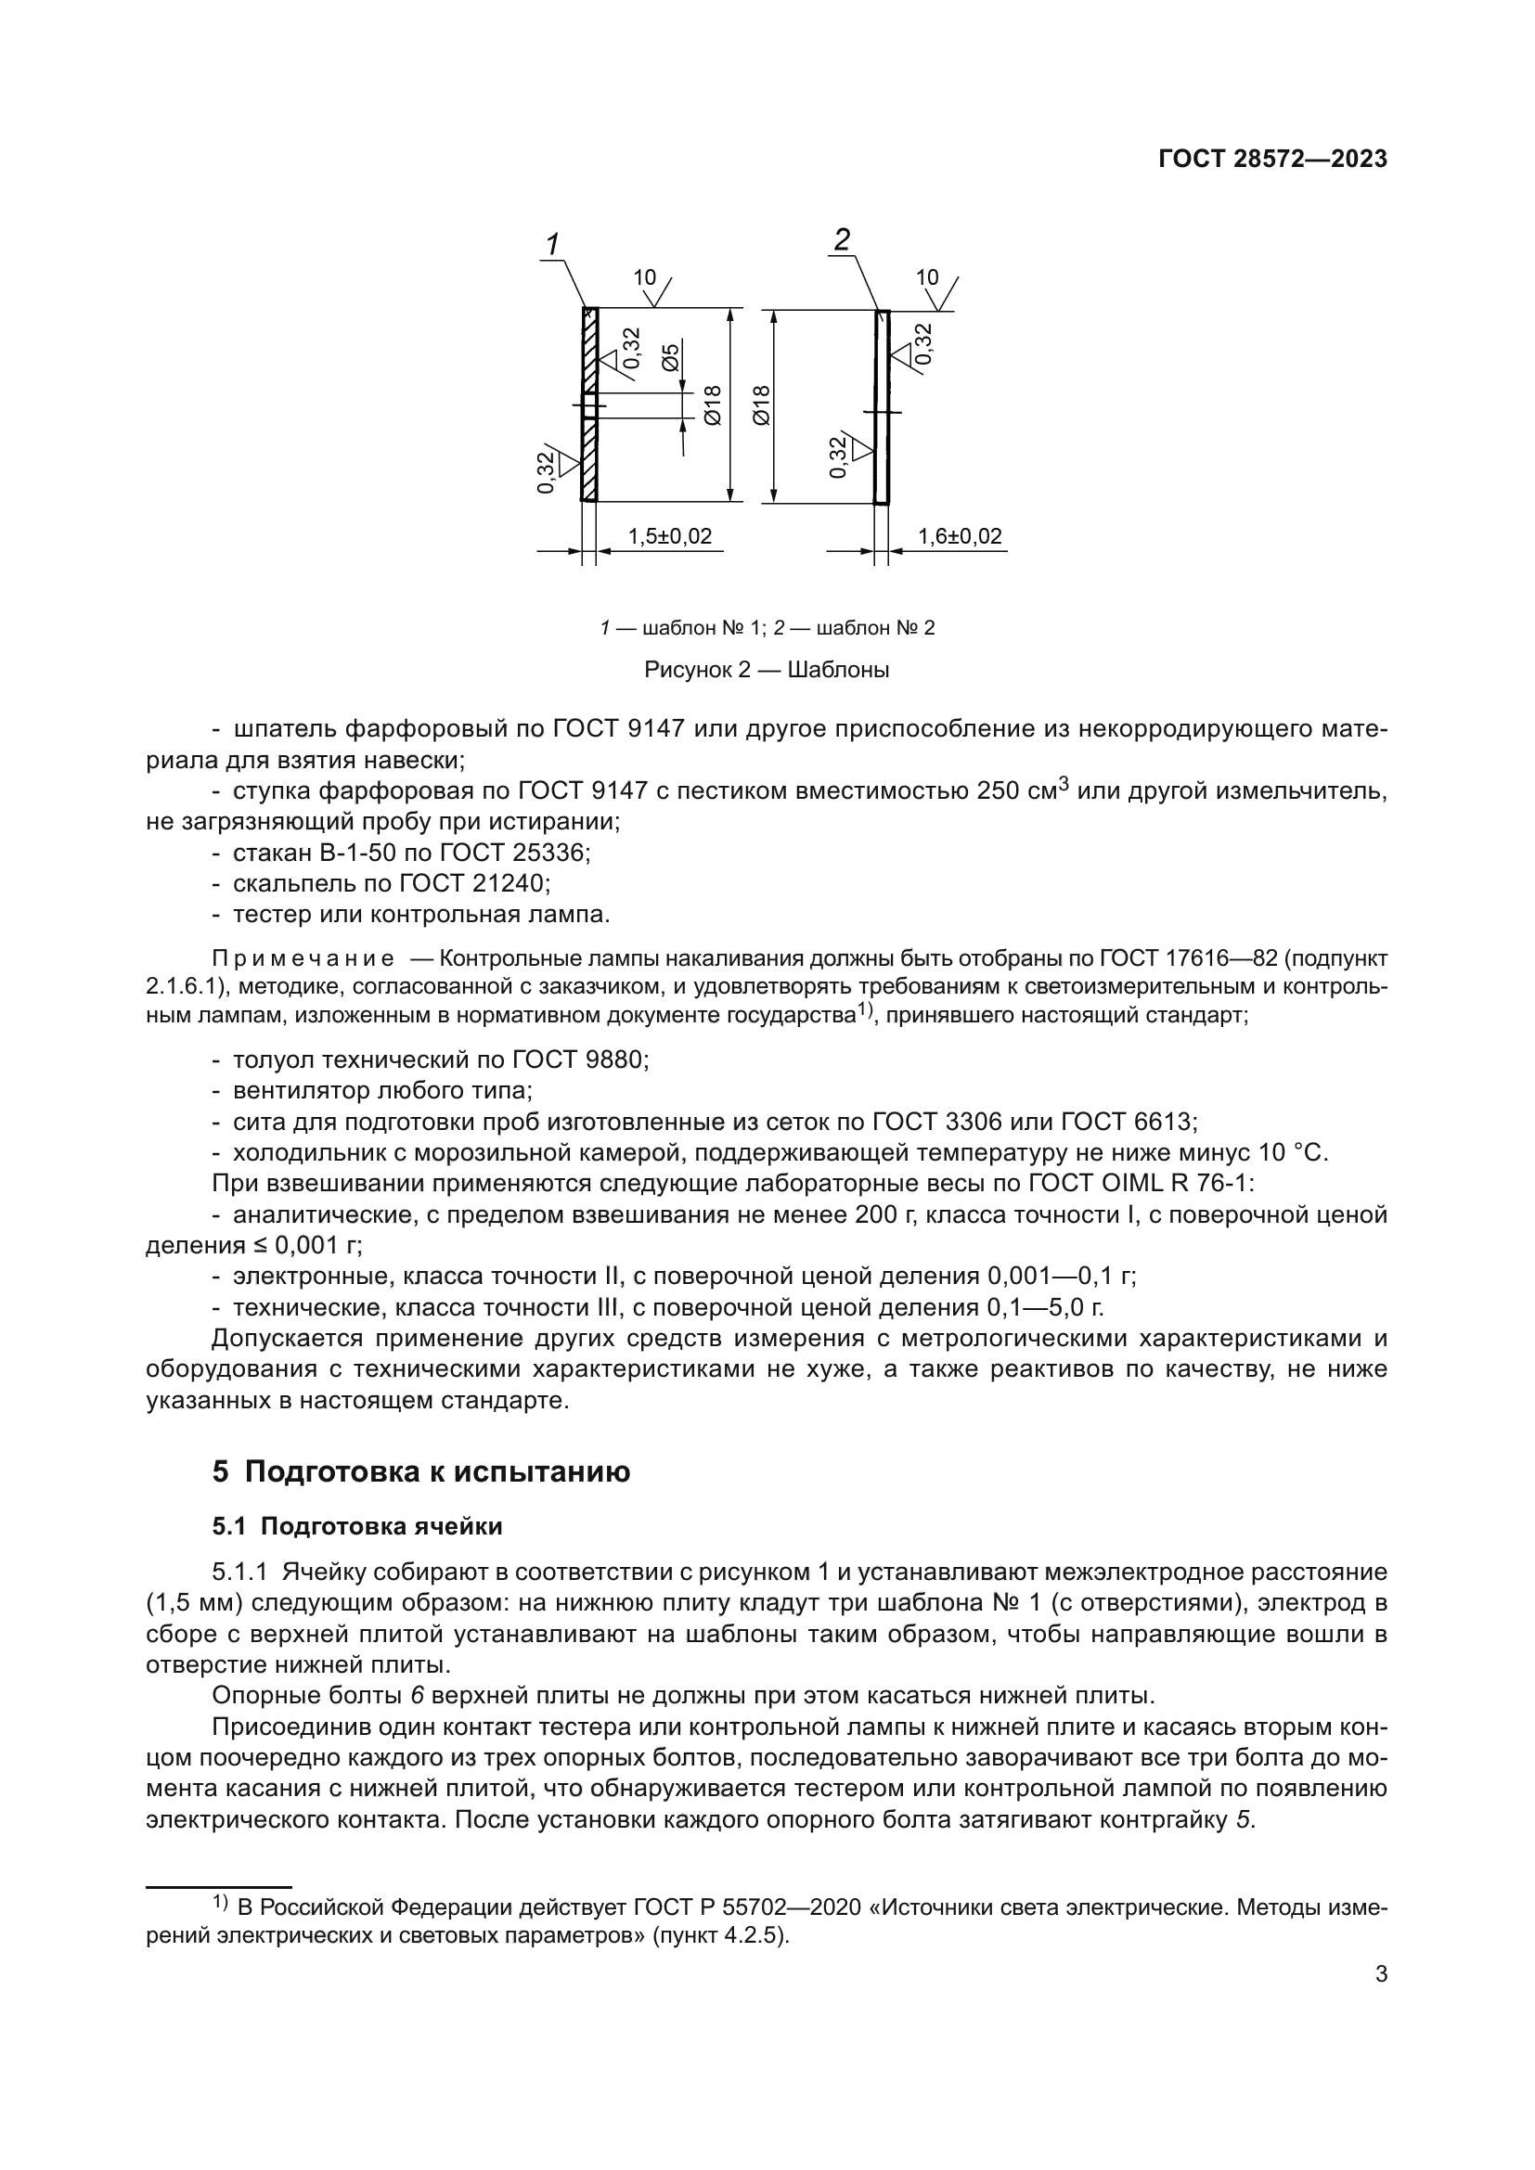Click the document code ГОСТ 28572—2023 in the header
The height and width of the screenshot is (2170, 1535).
click(1272, 159)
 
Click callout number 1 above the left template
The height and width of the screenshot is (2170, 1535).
click(553, 244)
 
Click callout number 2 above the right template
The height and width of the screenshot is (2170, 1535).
click(841, 240)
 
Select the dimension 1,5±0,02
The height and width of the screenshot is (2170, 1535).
click(669, 537)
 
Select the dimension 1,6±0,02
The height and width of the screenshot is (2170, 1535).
click(960, 537)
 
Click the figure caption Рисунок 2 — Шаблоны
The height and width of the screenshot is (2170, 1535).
click(767, 670)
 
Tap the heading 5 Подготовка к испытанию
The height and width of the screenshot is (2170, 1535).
click(420, 1471)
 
